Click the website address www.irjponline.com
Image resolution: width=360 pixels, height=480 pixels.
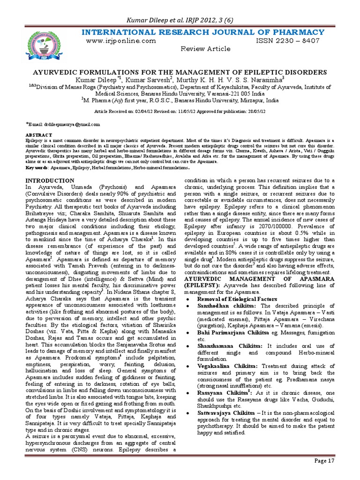click(x=121, y=41)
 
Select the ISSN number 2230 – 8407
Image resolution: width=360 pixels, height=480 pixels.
click(x=287, y=41)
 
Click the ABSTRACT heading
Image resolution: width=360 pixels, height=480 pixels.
click(x=39, y=135)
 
